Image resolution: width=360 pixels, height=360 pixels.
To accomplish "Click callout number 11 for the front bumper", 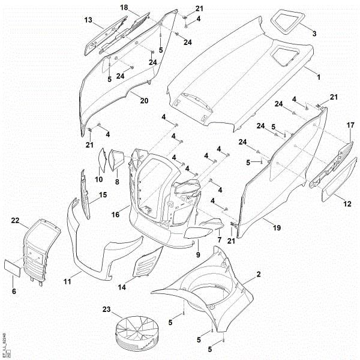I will pos(68,281).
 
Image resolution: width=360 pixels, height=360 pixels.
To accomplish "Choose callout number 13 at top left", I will pos(88,20).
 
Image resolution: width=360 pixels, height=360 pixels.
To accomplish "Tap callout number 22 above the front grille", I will pos(16,221).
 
